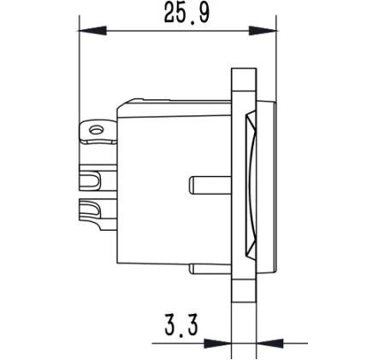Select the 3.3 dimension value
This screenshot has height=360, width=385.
181,326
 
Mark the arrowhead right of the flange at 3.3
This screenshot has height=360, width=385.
266,344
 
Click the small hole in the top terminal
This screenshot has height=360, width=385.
96,130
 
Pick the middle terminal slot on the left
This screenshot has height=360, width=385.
92,181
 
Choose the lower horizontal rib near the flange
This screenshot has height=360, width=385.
209,269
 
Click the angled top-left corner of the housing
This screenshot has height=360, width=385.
121,104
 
